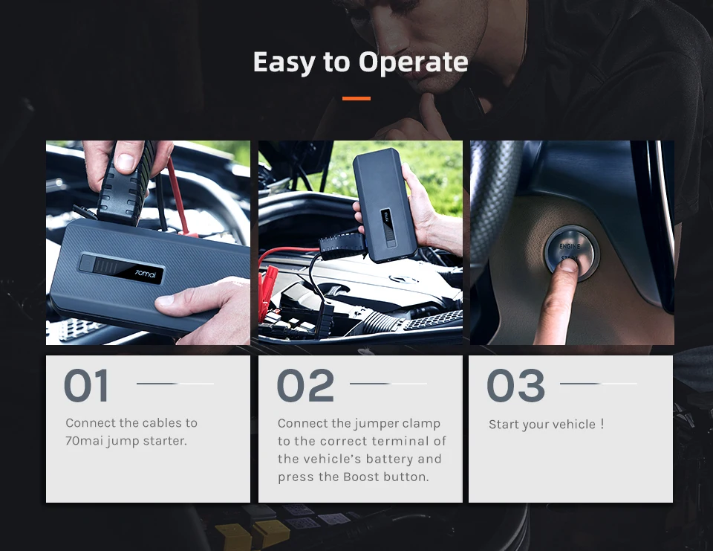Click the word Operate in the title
click(413, 62)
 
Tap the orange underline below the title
click(356, 98)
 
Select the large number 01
click(87, 387)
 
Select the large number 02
click(305, 387)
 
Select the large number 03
click(515, 386)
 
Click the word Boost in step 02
click(361, 477)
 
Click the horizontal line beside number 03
click(599, 384)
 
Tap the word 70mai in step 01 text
click(83, 441)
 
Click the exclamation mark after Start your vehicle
click(602, 424)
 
